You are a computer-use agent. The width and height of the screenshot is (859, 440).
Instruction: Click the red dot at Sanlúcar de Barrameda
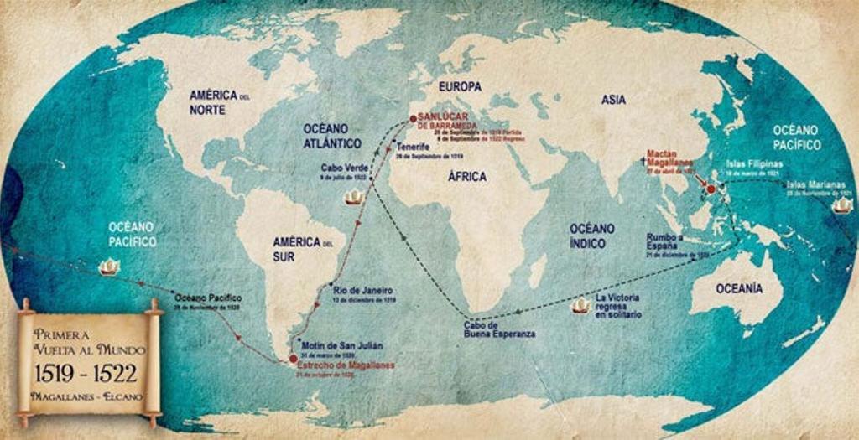point(413,119)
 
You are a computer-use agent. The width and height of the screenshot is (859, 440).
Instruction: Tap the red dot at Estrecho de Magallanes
point(292,358)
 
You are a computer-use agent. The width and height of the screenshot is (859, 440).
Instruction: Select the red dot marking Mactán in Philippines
point(711,189)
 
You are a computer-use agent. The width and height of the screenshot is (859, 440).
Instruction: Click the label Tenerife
point(413,147)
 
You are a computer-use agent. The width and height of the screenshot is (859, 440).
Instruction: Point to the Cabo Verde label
point(344,167)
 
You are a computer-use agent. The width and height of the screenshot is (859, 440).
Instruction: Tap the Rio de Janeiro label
point(363,290)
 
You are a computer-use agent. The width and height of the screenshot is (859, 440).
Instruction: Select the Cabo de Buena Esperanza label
point(499,329)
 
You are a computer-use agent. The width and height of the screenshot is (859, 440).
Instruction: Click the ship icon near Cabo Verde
point(355,197)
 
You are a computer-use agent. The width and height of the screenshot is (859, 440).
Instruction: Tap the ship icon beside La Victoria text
point(580,305)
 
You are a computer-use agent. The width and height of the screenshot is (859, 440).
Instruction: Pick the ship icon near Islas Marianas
point(841,204)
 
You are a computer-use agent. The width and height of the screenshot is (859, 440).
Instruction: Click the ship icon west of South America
point(109,267)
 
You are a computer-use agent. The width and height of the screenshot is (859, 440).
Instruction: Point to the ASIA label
point(613,100)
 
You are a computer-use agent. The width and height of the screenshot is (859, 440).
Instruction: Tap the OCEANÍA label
point(739,288)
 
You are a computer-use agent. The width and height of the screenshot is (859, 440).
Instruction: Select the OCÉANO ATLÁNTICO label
point(332,136)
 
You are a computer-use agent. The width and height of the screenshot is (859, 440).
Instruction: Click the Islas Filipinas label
point(754,163)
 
